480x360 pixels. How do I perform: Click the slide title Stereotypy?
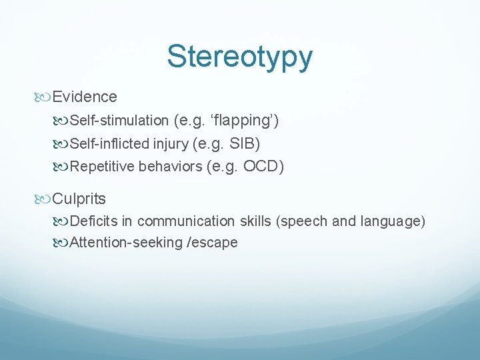click(239, 57)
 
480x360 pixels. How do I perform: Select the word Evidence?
click(85, 97)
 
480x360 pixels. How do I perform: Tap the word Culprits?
click(79, 199)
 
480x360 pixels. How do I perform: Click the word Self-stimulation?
click(119, 121)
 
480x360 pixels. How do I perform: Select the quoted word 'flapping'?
click(245, 121)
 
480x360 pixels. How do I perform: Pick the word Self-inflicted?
click(111, 143)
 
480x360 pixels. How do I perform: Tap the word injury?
click(172, 143)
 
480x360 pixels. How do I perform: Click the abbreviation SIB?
click(246, 143)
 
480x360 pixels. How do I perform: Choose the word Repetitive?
click(103, 167)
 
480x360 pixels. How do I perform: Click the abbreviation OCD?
click(261, 167)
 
